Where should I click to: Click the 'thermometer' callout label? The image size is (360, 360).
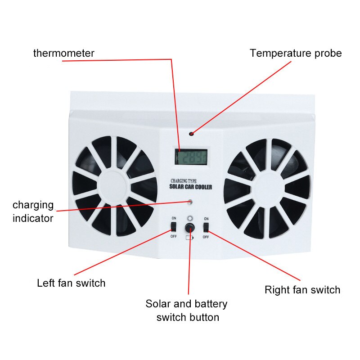pyautogui.click(x=63, y=53)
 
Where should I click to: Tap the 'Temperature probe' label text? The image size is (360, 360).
pyautogui.click(x=296, y=53)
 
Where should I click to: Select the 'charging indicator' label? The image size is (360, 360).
pyautogui.click(x=33, y=211)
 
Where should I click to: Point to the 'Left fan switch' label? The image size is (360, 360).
pyautogui.click(x=71, y=283)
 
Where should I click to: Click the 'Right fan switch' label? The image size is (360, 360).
pyautogui.click(x=302, y=289)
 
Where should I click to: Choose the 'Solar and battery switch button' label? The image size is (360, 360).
pyautogui.click(x=187, y=310)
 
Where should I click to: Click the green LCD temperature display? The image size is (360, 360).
pyautogui.click(x=191, y=157)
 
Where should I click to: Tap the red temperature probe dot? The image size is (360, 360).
pyautogui.click(x=191, y=134)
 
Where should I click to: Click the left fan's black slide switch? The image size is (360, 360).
pyautogui.click(x=174, y=226)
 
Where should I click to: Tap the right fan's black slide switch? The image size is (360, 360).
pyautogui.click(x=207, y=226)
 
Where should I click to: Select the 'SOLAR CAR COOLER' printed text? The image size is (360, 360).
pyautogui.click(x=190, y=187)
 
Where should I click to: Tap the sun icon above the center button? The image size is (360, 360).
pyautogui.click(x=190, y=218)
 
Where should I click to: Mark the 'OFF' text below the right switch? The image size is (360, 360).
pyautogui.click(x=206, y=236)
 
